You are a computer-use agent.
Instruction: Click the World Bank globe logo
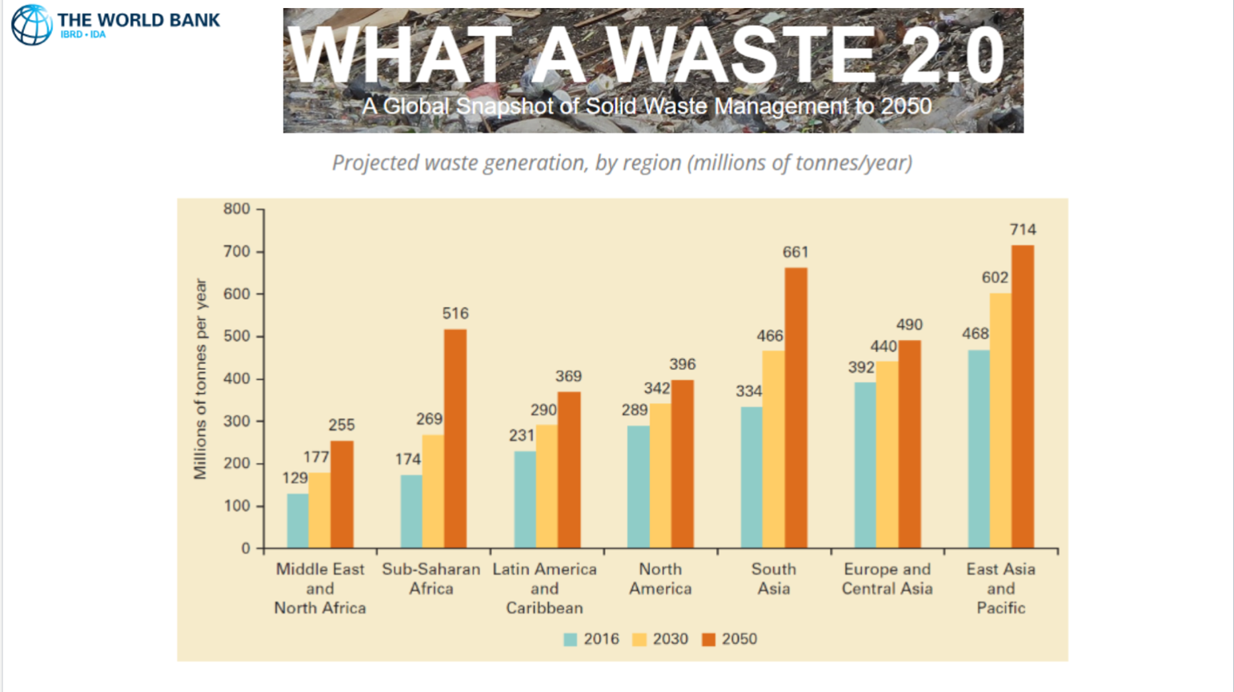click(32, 24)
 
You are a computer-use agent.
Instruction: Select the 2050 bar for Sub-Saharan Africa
click(455, 438)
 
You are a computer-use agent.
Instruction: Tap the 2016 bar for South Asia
click(751, 478)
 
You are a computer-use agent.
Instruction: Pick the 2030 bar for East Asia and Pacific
click(1000, 420)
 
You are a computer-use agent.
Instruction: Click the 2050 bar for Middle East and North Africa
click(342, 494)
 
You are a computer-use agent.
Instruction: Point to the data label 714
click(1023, 230)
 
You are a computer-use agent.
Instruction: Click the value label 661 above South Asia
click(795, 253)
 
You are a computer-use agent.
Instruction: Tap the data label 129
click(295, 478)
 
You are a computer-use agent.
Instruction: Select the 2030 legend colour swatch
click(639, 639)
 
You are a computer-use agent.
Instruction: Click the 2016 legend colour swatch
click(571, 639)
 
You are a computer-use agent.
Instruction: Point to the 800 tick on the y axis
click(237, 209)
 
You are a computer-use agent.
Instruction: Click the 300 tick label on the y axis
click(237, 421)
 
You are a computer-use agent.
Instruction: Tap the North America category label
click(660, 579)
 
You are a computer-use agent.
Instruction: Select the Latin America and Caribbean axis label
click(544, 589)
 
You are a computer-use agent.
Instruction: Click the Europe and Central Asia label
click(887, 579)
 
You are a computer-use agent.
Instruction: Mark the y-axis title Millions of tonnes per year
click(200, 379)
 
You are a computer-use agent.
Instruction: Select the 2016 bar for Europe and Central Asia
click(865, 465)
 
